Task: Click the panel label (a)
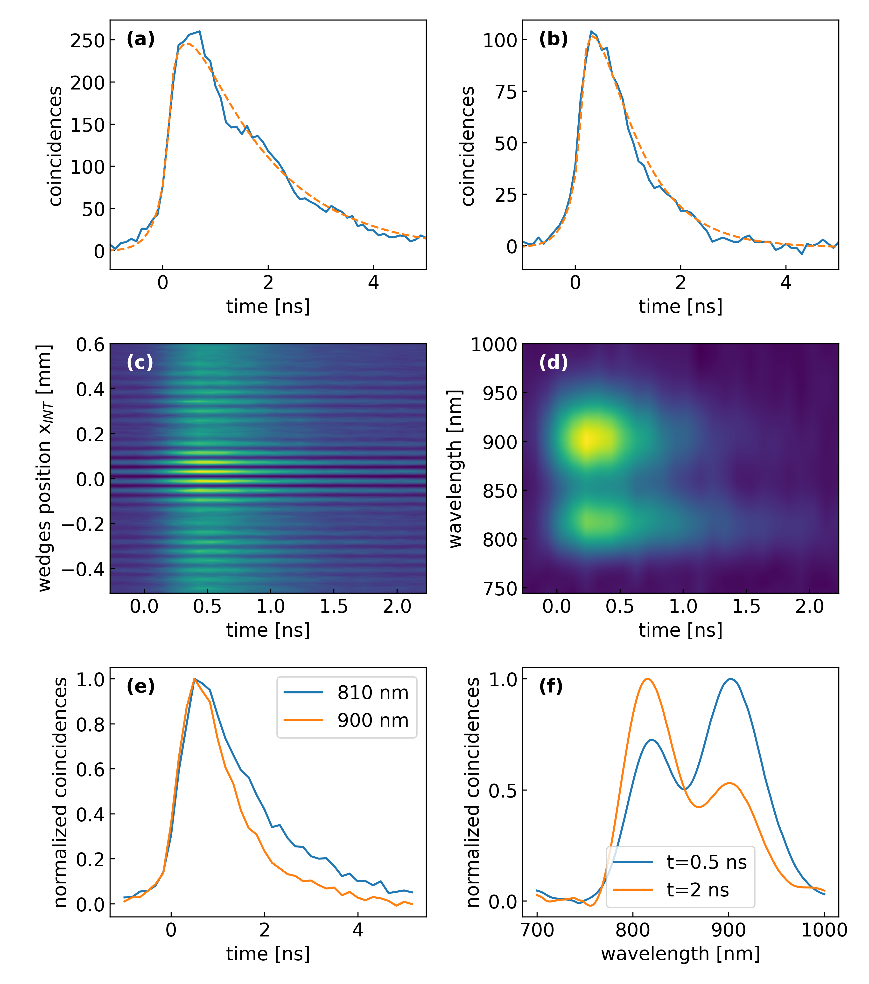click(x=140, y=39)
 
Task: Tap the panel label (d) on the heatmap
click(x=553, y=363)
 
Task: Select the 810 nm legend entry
click(x=372, y=693)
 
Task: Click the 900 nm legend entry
click(x=372, y=720)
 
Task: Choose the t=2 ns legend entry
click(x=697, y=890)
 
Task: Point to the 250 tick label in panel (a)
click(x=87, y=41)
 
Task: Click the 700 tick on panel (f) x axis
click(x=537, y=930)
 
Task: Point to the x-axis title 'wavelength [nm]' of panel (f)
click(x=680, y=954)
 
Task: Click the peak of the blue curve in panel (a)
click(x=199, y=32)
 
